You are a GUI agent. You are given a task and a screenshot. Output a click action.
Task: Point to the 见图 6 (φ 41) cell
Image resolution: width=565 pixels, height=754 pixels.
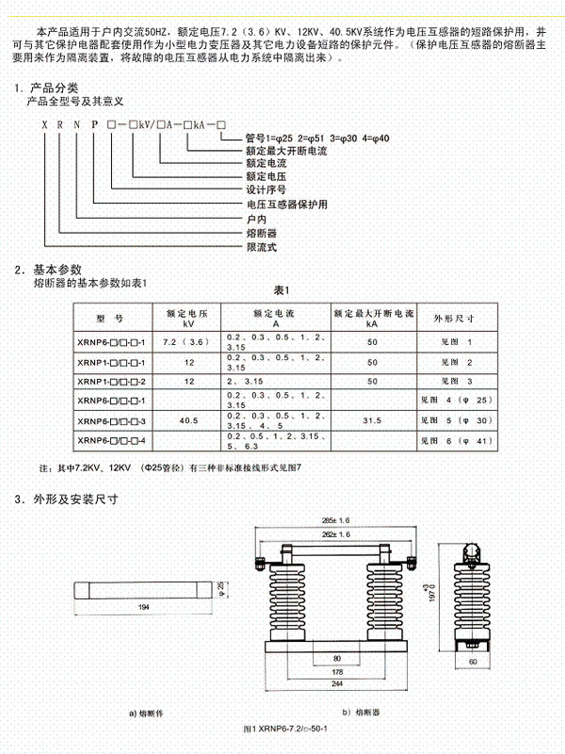(x=454, y=440)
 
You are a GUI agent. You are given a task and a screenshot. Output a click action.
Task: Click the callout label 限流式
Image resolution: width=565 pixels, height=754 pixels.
(x=261, y=247)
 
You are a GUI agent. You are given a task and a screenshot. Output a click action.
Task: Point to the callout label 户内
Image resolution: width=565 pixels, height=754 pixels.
(x=255, y=218)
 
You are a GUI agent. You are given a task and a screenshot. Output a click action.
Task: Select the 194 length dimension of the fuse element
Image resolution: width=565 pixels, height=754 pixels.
(x=144, y=608)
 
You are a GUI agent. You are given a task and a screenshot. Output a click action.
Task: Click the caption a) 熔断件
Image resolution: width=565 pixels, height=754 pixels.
(x=146, y=713)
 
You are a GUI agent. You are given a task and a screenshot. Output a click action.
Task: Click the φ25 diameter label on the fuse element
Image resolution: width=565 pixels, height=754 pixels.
(x=220, y=586)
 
